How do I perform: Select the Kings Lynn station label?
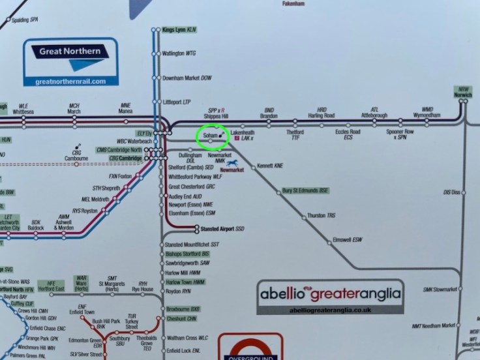click(x=179, y=30)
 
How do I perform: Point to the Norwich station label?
click(x=463, y=92)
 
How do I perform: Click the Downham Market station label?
click(x=187, y=77)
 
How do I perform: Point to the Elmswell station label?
click(x=347, y=239)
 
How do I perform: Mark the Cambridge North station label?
click(x=119, y=149)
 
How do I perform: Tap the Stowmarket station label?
click(x=455, y=289)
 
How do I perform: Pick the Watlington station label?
click(x=178, y=53)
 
